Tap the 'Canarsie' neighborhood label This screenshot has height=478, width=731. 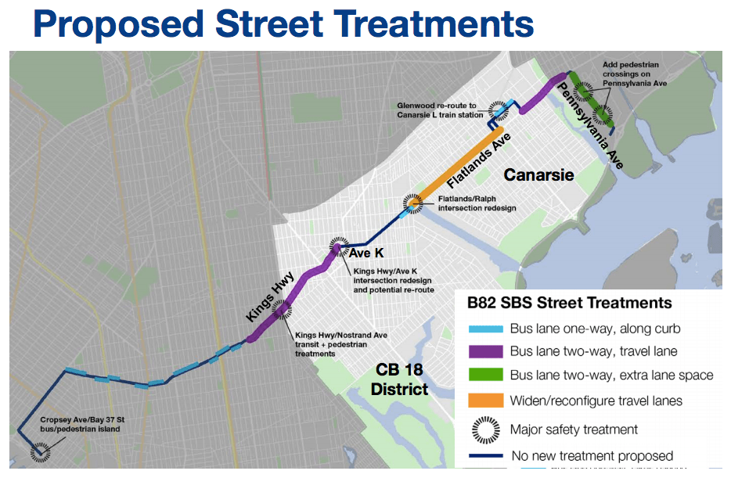coord(538,174)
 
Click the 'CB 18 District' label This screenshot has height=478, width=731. coord(399,379)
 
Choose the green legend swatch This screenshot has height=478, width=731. coord(484,376)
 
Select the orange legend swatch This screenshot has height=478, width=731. coord(484,401)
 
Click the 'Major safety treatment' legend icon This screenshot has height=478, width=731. coord(485,429)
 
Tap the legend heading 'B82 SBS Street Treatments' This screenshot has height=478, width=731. coord(569,303)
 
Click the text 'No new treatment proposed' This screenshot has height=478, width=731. coord(591,455)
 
